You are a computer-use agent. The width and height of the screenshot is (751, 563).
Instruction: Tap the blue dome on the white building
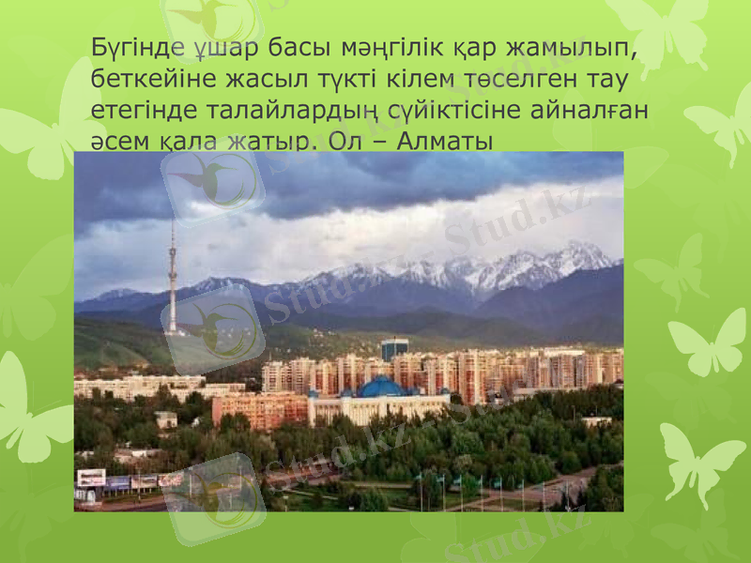tap(382, 387)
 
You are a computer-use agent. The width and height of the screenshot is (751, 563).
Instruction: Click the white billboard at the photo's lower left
tap(91, 478)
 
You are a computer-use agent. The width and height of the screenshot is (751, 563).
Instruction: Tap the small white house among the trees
tap(166, 419)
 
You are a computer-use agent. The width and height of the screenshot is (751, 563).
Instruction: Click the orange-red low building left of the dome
tap(259, 410)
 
